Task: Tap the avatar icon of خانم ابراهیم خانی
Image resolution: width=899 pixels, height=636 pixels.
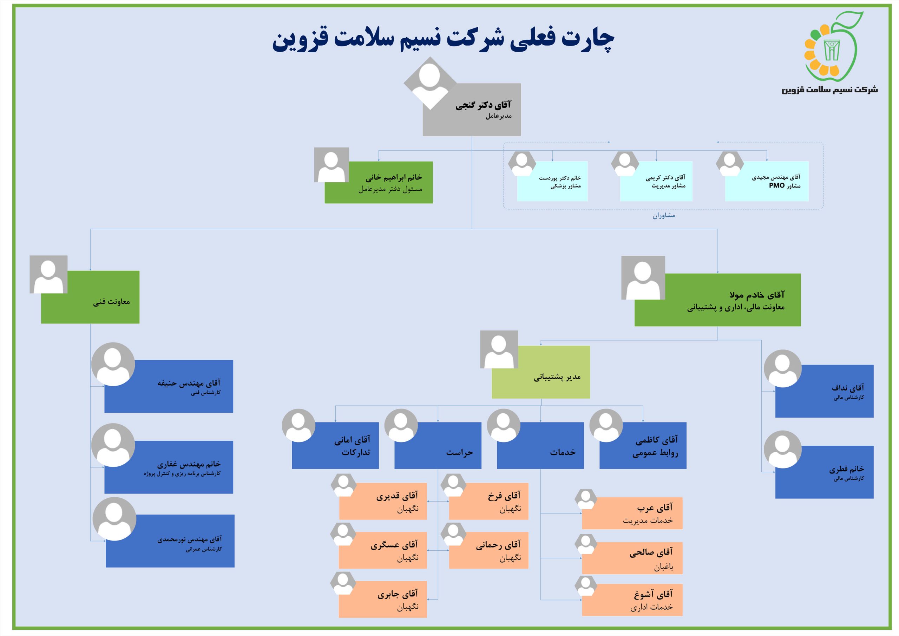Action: pos(331,165)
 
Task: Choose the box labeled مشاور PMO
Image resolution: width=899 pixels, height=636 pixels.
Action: pos(767,181)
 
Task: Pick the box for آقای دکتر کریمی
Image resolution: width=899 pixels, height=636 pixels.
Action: pos(656,181)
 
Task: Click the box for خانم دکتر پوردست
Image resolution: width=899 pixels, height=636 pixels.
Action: pos(552,181)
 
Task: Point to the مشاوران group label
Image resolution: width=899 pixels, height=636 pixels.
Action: pos(664,215)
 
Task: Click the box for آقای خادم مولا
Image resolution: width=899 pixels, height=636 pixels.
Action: pos(717,300)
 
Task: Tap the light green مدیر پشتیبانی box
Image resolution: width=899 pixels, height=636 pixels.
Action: pos(541,372)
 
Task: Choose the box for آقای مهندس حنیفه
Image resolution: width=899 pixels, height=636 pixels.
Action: pos(169,386)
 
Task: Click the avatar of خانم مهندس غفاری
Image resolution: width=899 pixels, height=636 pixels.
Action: pos(113,445)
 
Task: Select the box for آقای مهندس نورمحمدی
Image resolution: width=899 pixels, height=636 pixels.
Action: pos(170,541)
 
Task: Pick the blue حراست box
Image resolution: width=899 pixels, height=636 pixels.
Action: pos(438,445)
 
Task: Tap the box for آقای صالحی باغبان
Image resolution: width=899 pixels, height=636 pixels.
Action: pos(632,558)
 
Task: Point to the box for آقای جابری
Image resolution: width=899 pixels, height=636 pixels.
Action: pos(382,599)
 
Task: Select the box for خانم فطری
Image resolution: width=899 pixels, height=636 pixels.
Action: pos(824,472)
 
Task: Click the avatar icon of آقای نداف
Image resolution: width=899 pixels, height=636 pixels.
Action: pos(783,368)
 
